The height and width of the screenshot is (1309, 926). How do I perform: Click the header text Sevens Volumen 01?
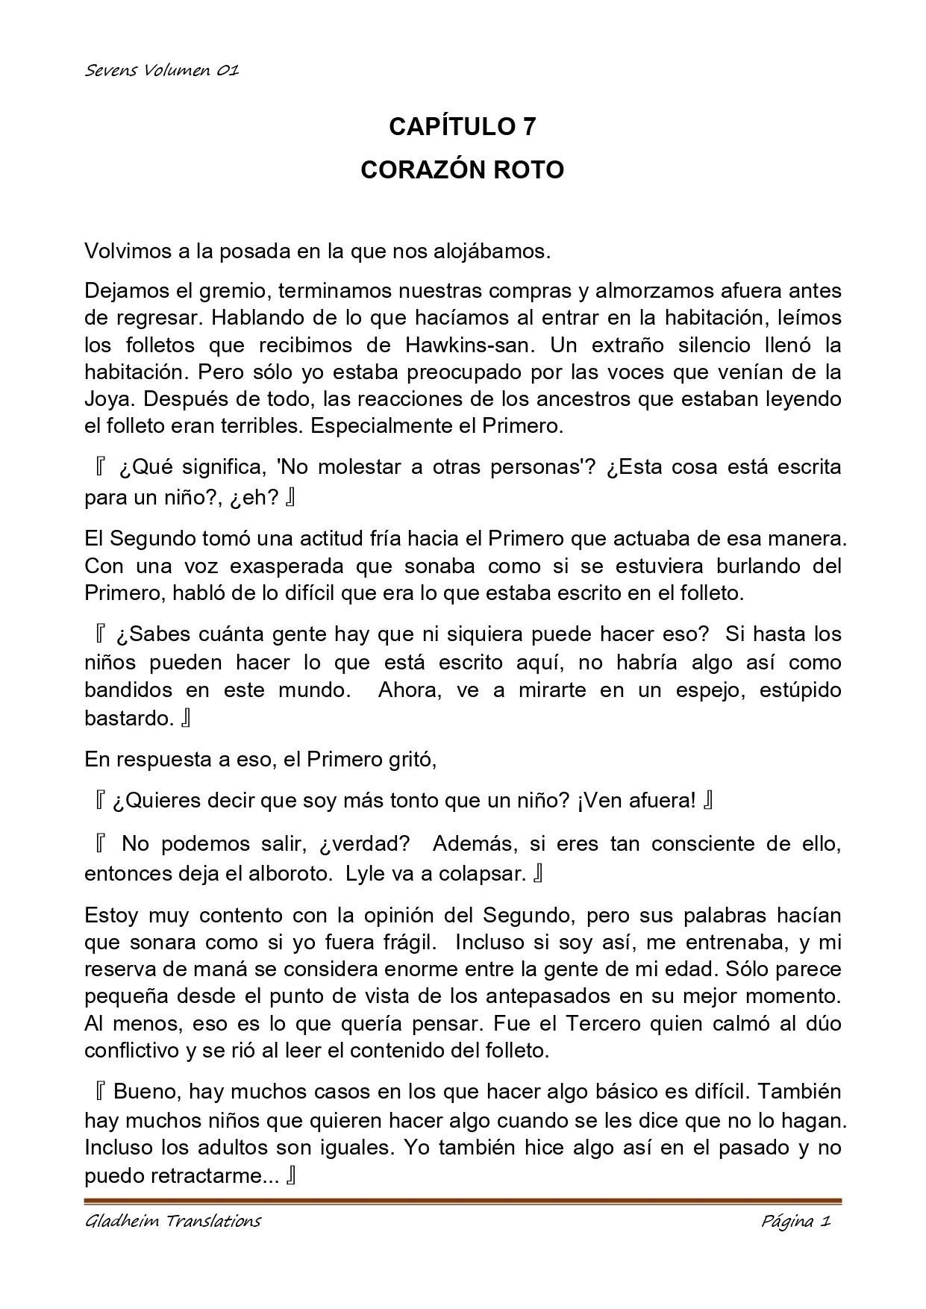[x=161, y=71]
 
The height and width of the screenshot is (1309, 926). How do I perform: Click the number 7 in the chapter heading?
[x=528, y=127]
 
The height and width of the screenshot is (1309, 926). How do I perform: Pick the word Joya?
[x=105, y=399]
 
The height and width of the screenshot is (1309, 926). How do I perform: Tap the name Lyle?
[x=363, y=873]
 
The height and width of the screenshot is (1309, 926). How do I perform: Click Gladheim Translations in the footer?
[x=172, y=1222]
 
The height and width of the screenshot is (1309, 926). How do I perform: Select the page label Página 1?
[x=795, y=1222]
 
